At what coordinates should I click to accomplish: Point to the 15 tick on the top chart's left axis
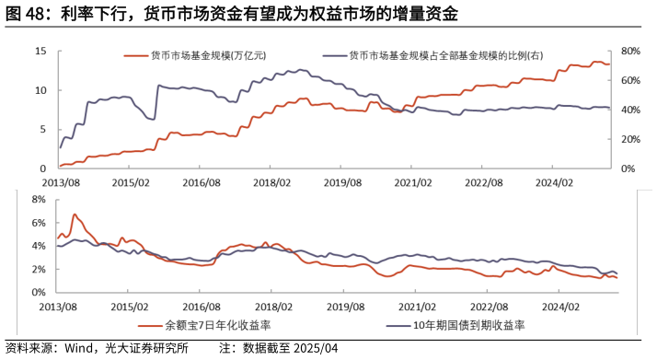pos(41,52)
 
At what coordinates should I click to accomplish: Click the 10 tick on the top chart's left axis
pos(41,90)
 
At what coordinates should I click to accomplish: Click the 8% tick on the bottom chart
pos(38,199)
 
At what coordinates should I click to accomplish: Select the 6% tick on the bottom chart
pos(38,223)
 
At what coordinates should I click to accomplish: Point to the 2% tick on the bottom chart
pos(38,269)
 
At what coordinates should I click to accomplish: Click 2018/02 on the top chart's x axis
pos(273,182)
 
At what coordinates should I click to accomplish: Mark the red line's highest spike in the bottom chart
pos(75,215)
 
